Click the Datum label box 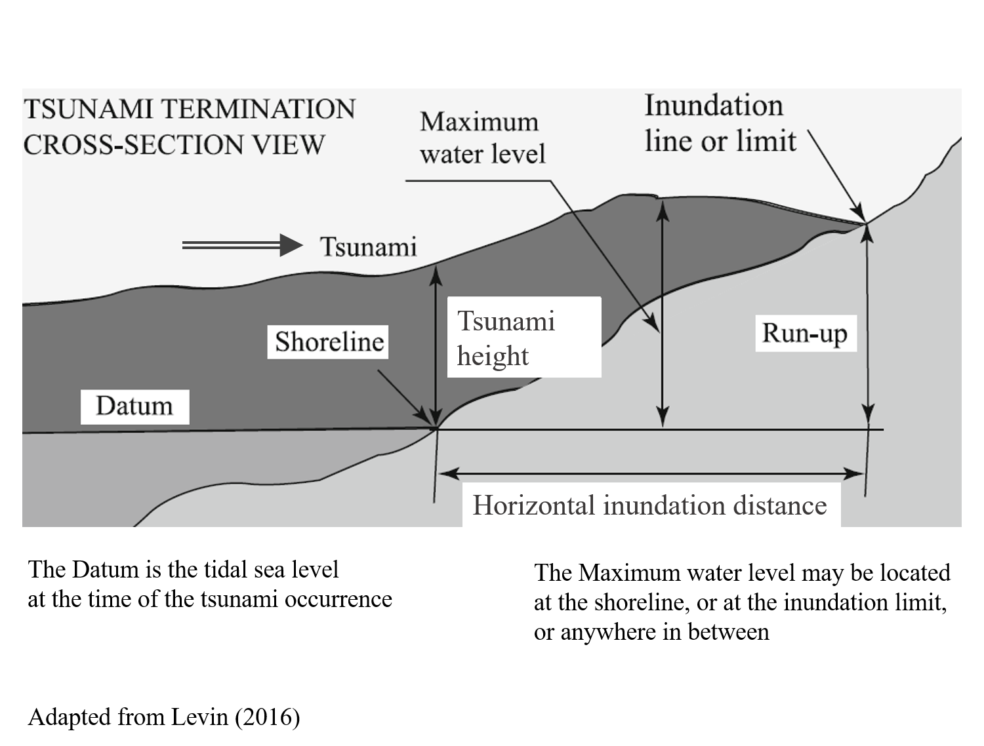pos(135,406)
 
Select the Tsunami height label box pos(524,337)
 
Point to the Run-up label pos(806,333)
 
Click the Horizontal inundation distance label pos(650,505)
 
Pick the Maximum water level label pos(482,138)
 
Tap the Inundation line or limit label pos(720,123)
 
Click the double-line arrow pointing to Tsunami pos(242,245)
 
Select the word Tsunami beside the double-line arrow pos(368,247)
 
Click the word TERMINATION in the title pos(258,109)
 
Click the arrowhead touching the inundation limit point pos(859,213)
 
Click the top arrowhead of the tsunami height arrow pos(436,276)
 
